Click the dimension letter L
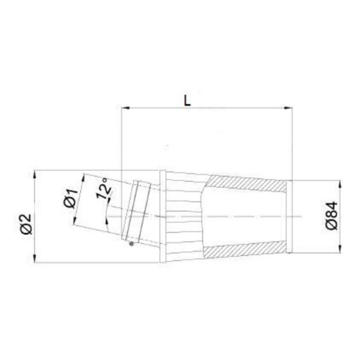tap(187, 101)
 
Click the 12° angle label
tap(103, 188)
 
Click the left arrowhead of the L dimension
tap(125, 107)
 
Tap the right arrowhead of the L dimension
tap(289, 107)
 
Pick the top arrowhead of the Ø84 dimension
tap(340, 184)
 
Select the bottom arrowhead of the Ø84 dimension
tap(340, 248)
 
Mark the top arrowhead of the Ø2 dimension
tap(35, 175)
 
